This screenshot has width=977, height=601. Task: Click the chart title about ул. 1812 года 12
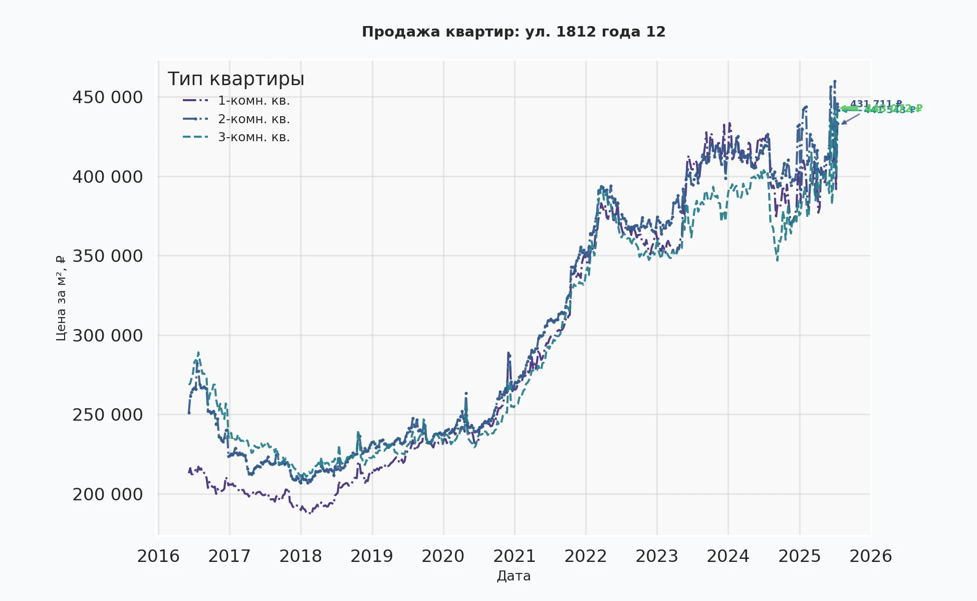click(x=514, y=32)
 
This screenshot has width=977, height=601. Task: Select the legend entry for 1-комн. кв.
click(x=254, y=101)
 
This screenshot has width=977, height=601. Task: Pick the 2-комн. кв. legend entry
click(x=254, y=119)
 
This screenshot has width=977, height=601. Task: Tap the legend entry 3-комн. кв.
click(x=254, y=137)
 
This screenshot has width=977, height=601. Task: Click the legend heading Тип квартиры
click(x=236, y=79)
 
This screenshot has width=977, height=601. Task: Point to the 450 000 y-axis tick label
click(x=108, y=97)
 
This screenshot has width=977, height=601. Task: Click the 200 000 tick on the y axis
click(x=108, y=494)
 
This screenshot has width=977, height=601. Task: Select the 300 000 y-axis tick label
click(x=108, y=336)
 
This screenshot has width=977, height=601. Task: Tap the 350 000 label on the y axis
click(x=108, y=256)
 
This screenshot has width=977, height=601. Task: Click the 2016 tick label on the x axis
click(x=158, y=556)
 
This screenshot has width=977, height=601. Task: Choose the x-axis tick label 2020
click(x=443, y=556)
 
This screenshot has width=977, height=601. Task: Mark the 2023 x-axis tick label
click(x=657, y=556)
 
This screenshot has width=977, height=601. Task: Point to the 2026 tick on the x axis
click(x=871, y=556)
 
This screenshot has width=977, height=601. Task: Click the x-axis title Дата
click(x=514, y=576)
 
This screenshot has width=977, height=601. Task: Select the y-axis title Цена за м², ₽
click(x=61, y=298)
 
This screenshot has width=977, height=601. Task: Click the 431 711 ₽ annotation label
click(x=876, y=104)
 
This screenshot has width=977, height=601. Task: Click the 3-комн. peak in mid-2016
click(x=198, y=352)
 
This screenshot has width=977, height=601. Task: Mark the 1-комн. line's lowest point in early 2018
click(x=310, y=513)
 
